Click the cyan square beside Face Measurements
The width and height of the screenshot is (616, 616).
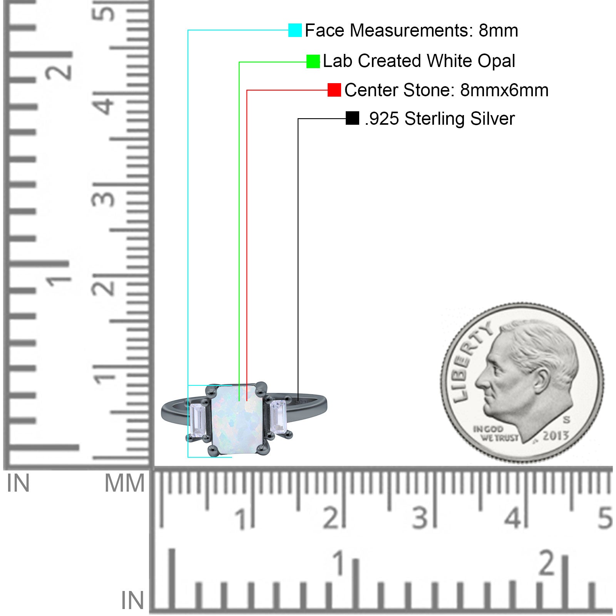click(295, 30)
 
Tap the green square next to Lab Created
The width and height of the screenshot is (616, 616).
click(313, 61)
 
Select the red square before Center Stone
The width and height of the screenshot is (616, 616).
click(334, 90)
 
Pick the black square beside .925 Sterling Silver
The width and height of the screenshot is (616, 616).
click(352, 118)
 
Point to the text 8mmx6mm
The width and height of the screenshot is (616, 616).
click(504, 90)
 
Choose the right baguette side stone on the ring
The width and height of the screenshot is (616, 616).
click(278, 417)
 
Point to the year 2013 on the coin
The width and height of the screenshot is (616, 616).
click(556, 435)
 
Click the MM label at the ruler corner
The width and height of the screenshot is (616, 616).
click(125, 484)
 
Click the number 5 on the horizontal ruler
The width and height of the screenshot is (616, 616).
click(605, 518)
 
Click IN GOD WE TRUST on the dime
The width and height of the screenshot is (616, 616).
click(496, 434)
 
